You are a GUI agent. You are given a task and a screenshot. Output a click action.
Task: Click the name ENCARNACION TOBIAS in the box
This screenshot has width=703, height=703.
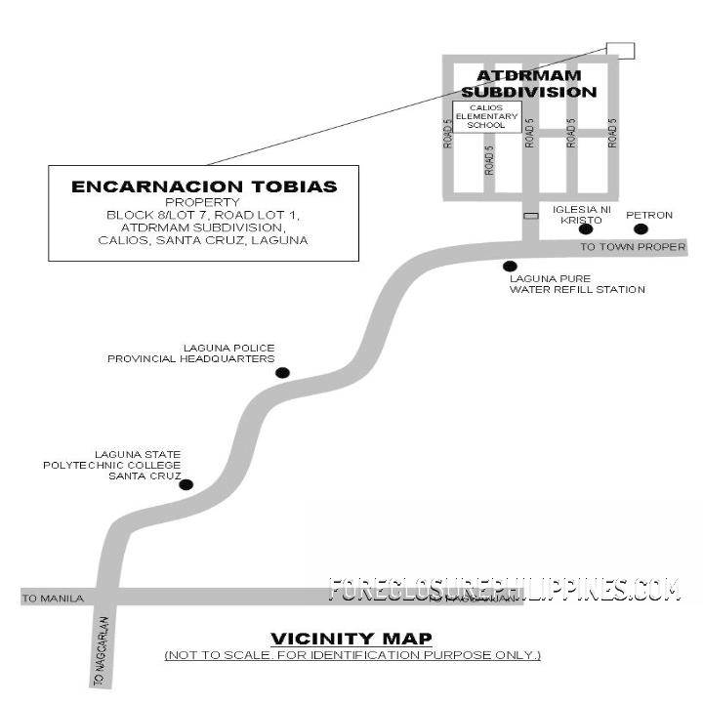(x=204, y=186)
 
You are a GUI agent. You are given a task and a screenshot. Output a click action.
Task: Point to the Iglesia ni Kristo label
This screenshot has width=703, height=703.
(x=582, y=215)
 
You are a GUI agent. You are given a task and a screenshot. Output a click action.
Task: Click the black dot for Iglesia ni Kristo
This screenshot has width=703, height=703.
(x=585, y=229)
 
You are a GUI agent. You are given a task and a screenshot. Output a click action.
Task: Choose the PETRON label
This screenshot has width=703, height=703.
(x=649, y=214)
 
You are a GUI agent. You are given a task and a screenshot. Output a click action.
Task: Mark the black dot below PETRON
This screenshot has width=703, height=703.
(x=641, y=229)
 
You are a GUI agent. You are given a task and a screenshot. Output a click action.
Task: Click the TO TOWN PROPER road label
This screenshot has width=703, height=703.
(x=633, y=247)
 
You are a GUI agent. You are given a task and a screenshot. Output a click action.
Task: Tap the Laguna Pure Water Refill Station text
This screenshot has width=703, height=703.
(x=577, y=284)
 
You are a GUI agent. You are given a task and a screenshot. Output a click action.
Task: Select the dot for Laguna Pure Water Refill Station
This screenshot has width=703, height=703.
(x=509, y=267)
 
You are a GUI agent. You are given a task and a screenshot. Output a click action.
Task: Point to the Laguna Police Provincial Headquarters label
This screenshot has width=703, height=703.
(x=191, y=353)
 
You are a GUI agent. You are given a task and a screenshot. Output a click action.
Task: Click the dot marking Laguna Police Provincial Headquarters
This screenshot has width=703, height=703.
(x=282, y=372)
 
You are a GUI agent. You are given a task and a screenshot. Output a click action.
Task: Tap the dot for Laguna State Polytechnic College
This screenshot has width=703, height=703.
(x=186, y=484)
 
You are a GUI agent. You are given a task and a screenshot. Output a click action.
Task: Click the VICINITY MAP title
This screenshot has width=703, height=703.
(x=351, y=639)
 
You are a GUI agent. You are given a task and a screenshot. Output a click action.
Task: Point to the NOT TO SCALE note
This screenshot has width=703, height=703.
(x=351, y=654)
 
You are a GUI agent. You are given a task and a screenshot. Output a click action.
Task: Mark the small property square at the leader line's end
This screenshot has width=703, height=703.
(x=619, y=51)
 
